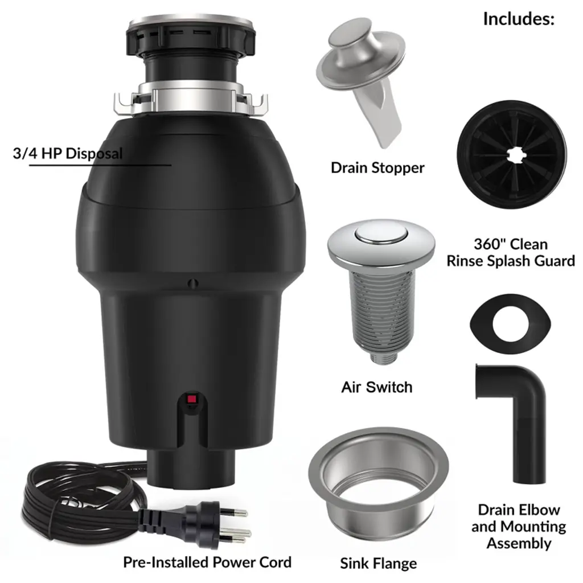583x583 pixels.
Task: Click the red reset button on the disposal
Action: (191, 399)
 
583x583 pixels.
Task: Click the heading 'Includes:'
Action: (519, 19)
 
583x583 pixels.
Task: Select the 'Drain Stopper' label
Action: (377, 168)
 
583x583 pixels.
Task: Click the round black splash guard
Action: (512, 155)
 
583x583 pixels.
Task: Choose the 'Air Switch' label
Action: (377, 387)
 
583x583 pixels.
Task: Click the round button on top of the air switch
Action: (381, 235)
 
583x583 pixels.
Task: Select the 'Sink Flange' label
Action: (378, 563)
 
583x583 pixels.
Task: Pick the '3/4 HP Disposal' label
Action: (68, 154)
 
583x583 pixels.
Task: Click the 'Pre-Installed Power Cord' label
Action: (207, 562)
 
